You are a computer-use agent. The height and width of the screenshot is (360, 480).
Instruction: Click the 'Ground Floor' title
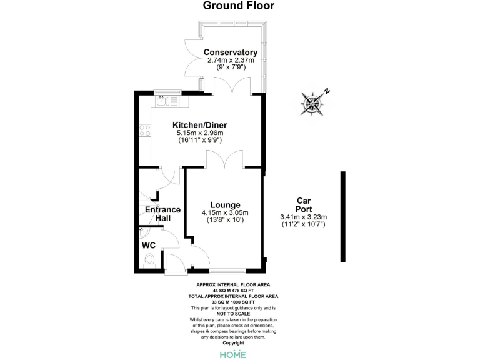[x=239, y=6]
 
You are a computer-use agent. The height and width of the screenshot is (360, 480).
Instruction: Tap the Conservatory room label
[x=231, y=52]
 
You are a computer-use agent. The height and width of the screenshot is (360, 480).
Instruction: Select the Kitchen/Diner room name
[x=199, y=125]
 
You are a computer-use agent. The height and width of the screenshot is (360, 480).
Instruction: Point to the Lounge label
[x=225, y=204]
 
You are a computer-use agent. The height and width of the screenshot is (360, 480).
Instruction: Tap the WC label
[x=149, y=246]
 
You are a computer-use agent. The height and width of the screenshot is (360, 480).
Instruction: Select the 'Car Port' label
[x=304, y=205]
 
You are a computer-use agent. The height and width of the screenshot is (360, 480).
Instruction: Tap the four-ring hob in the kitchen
[x=145, y=131]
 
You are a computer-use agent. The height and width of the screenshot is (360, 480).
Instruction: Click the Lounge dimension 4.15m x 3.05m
[x=225, y=213]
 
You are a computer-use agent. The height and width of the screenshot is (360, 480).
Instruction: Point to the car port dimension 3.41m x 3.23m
[x=304, y=217]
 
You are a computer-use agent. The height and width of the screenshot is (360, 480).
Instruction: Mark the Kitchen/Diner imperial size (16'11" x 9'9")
[x=199, y=141]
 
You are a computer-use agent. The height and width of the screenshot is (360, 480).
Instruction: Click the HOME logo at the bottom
[x=232, y=354]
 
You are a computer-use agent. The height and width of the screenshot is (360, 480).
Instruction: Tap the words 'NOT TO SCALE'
[x=233, y=314]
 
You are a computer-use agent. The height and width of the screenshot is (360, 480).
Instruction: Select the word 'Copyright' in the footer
[x=233, y=342]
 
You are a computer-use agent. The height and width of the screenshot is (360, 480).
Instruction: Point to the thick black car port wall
[x=342, y=217]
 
